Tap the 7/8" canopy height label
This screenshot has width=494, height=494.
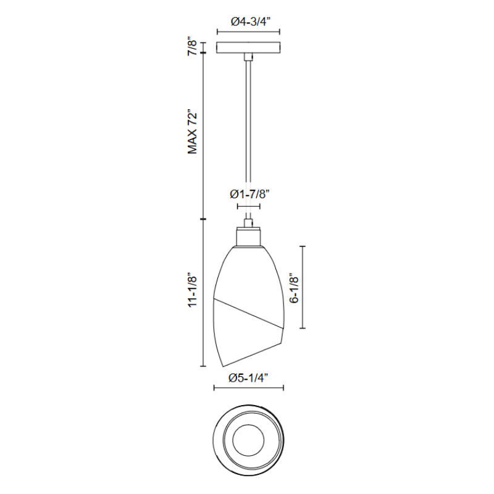point(193,48)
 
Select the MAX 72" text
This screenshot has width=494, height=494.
point(193,132)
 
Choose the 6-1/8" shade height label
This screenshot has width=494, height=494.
point(295,288)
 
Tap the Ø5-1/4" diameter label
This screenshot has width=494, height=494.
point(249,377)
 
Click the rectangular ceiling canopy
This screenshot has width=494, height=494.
point(248,48)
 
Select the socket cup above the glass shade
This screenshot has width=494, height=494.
point(249,237)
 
